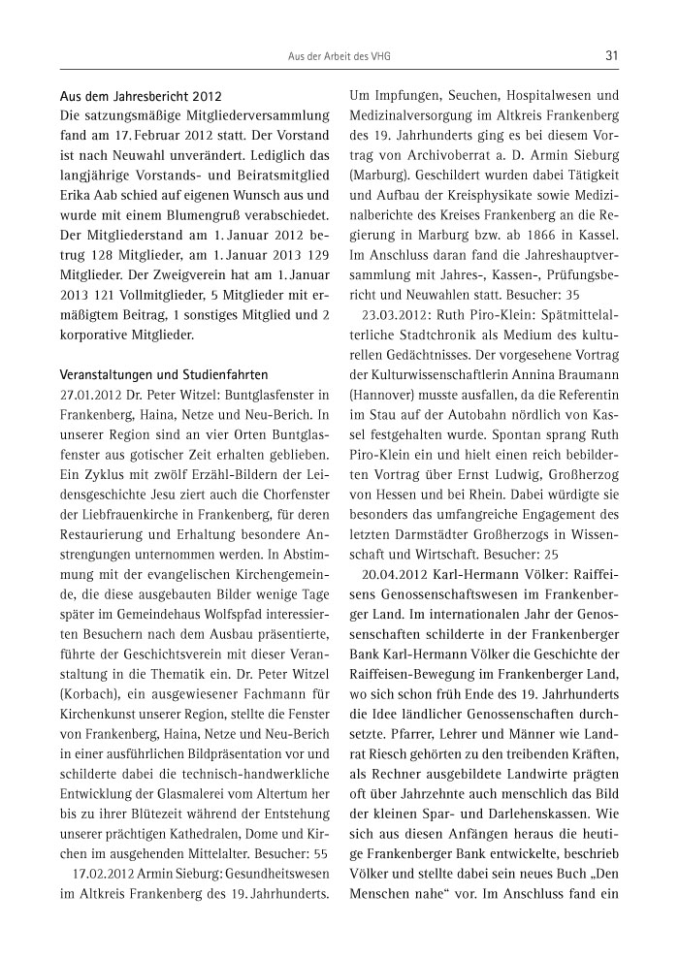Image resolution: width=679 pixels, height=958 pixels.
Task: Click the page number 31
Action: click(x=611, y=55)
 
